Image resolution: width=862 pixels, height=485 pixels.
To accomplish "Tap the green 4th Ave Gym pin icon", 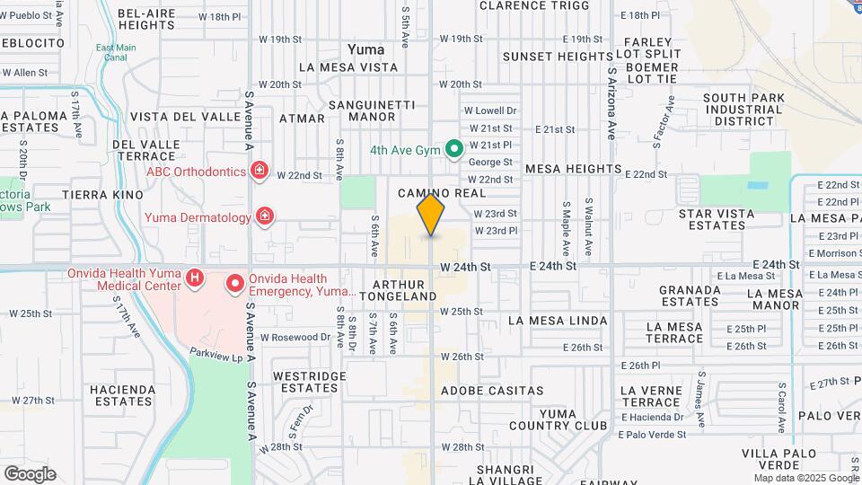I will coord(454,148).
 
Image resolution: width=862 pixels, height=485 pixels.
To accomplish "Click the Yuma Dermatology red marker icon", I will coord(264,216).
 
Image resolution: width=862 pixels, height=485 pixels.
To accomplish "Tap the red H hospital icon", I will coord(195,278).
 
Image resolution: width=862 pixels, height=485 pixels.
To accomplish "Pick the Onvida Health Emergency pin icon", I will coord(235,285).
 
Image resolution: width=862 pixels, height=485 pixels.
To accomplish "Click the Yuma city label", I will coord(366,49).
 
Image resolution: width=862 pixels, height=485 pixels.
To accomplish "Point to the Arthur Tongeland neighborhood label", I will coord(398,290).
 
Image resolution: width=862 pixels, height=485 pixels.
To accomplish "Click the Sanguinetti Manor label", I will coord(372,110).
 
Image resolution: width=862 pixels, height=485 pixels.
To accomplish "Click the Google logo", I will coord(30,473).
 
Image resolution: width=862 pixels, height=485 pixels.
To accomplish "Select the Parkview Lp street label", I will coord(216,356).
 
